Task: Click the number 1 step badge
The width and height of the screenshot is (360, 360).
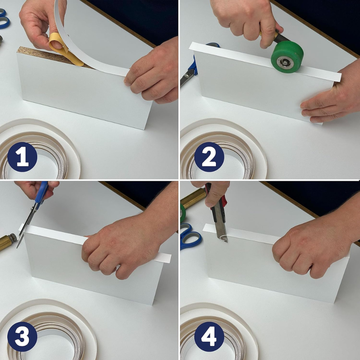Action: click(22, 157)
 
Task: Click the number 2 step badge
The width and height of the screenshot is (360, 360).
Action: click(209, 157)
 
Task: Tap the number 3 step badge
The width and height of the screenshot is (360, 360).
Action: click(22, 337)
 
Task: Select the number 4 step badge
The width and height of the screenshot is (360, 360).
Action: click(209, 337)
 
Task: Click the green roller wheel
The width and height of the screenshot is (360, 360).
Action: click(287, 57)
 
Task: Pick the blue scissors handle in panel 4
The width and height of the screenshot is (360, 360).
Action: click(190, 238)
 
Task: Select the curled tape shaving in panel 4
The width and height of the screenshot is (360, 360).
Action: click(224, 238)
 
